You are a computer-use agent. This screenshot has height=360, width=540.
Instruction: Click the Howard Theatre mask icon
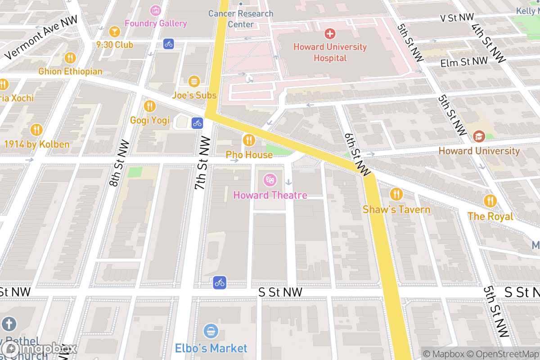270,180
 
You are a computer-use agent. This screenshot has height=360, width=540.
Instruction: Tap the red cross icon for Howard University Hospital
330,34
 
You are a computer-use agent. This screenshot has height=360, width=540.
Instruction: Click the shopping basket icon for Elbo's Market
211,332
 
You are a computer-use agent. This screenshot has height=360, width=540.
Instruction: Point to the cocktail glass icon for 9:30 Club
114,31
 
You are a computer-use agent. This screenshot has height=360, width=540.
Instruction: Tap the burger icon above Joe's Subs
194,81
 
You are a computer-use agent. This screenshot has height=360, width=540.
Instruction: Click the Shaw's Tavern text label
396,210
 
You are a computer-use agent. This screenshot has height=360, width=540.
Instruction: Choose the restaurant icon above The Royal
490,201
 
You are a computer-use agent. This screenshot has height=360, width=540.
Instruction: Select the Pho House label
249,155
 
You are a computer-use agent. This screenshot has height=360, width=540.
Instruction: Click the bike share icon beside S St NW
219,283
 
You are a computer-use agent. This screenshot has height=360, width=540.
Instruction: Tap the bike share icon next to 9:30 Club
168,44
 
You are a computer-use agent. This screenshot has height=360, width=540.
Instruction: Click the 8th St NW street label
119,163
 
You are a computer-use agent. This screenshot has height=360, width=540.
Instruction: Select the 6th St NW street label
357,154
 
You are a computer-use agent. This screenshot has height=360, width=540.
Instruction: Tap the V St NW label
457,17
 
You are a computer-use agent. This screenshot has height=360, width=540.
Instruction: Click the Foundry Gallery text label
156,23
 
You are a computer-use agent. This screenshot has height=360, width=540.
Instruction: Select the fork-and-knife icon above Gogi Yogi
150,106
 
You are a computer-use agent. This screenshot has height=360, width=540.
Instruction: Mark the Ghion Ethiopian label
70,72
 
